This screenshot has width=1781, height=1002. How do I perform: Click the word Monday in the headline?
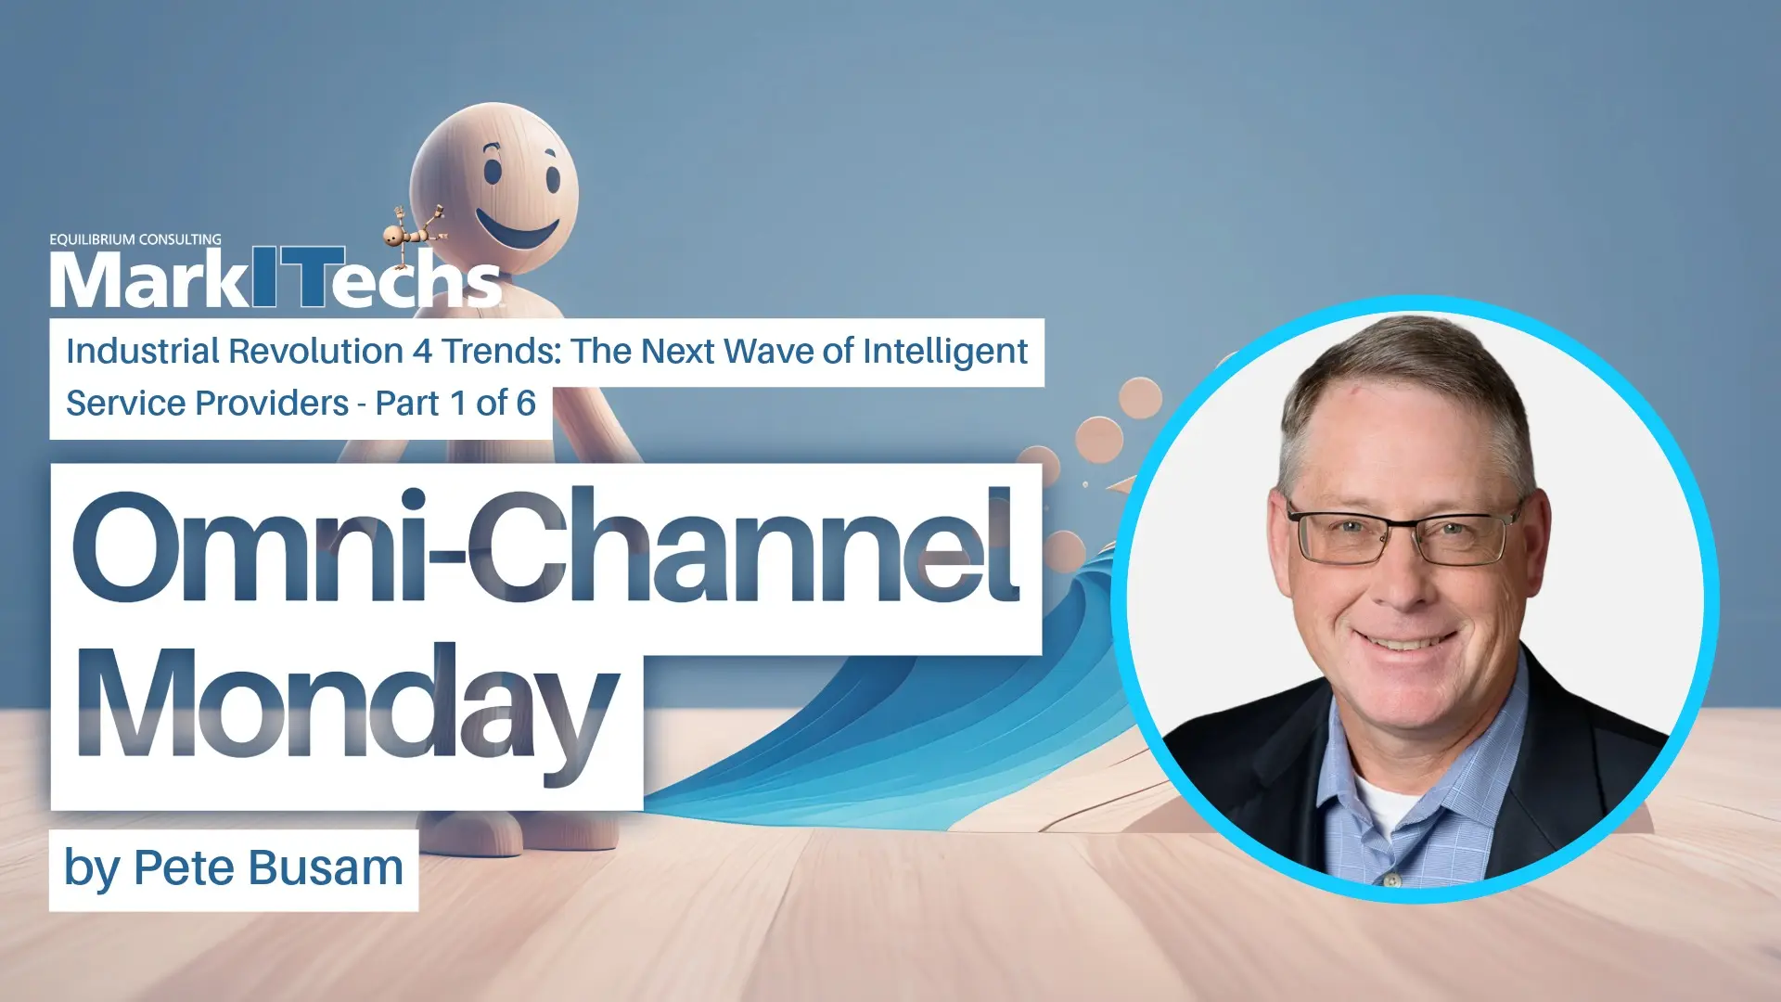point(347,713)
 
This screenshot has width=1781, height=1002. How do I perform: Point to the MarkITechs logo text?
point(275,277)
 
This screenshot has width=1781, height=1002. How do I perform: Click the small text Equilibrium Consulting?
point(135,239)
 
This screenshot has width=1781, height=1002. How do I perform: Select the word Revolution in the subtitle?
point(315,352)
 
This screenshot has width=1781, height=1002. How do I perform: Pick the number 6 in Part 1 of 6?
point(526,404)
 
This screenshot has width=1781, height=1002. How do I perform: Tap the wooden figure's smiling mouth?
point(517,228)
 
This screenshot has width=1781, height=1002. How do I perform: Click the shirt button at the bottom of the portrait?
point(1390,879)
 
